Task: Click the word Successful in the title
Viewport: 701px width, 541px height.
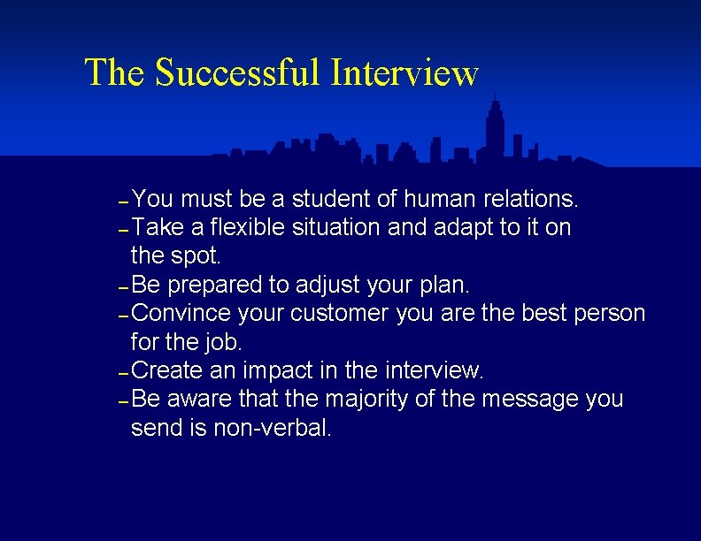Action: tap(238, 72)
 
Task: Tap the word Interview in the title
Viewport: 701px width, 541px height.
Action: tap(404, 72)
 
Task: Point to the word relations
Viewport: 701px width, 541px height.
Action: tap(527, 198)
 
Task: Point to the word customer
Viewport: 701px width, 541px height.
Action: tap(340, 314)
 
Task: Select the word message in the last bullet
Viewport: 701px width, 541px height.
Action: tap(529, 400)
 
